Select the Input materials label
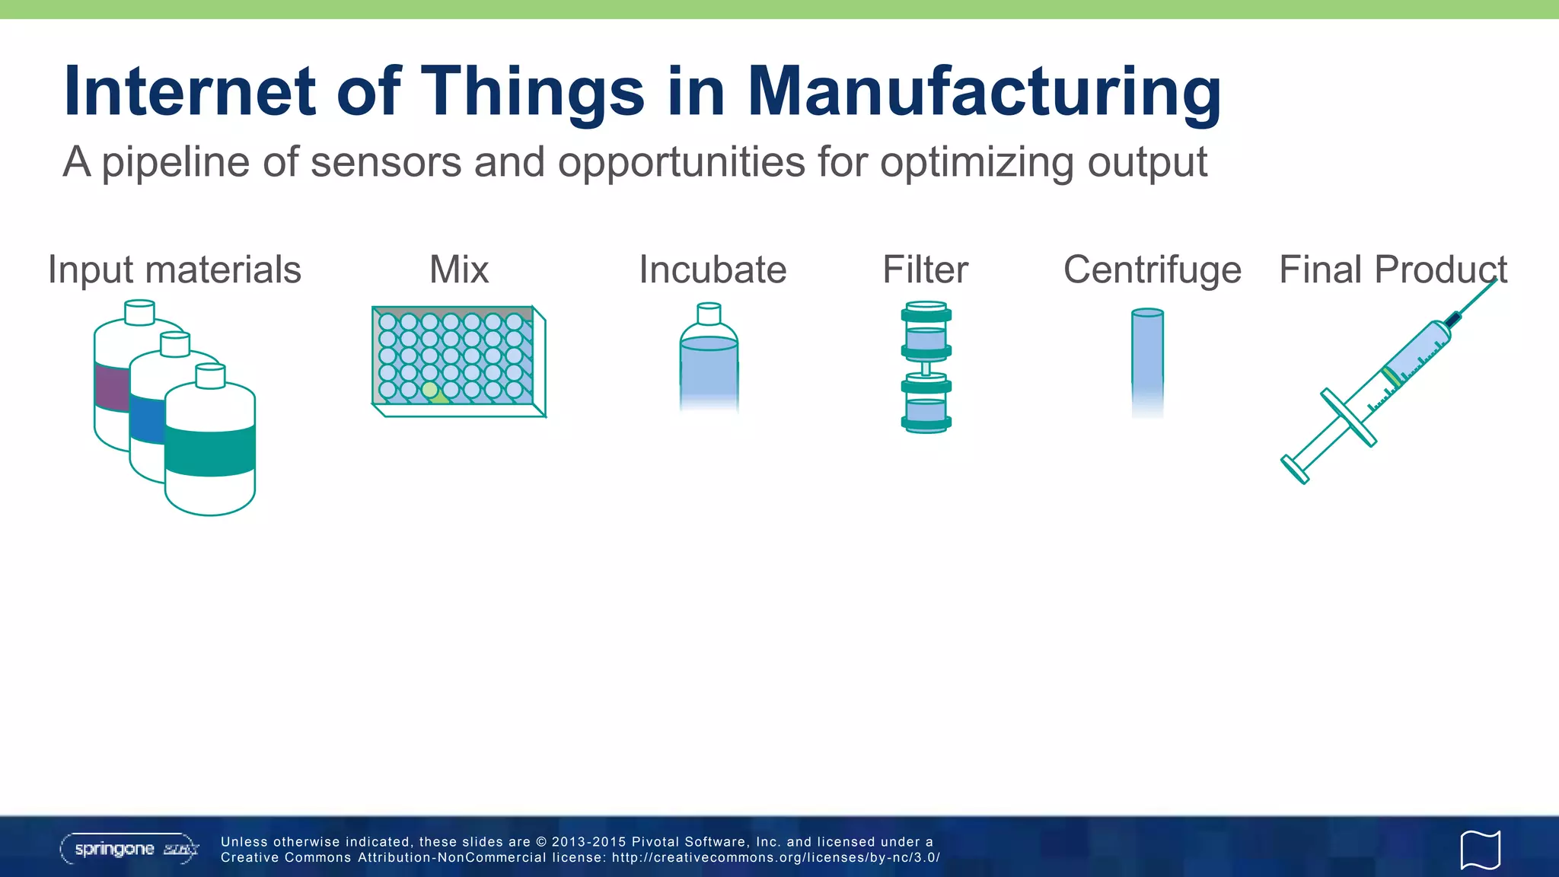(x=174, y=269)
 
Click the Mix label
(x=458, y=269)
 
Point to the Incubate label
(x=713, y=269)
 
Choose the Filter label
(x=925, y=269)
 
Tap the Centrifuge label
(x=1152, y=269)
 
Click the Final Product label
(x=1392, y=269)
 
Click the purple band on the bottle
(x=111, y=387)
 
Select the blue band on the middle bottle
(x=146, y=419)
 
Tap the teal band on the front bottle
(x=210, y=451)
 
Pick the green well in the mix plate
(x=430, y=391)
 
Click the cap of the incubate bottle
(x=709, y=312)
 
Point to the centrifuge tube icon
(x=1147, y=358)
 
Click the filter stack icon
(x=926, y=367)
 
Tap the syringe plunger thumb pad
(x=1294, y=469)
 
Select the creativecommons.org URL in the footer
(x=776, y=857)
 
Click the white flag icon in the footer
(x=1480, y=850)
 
